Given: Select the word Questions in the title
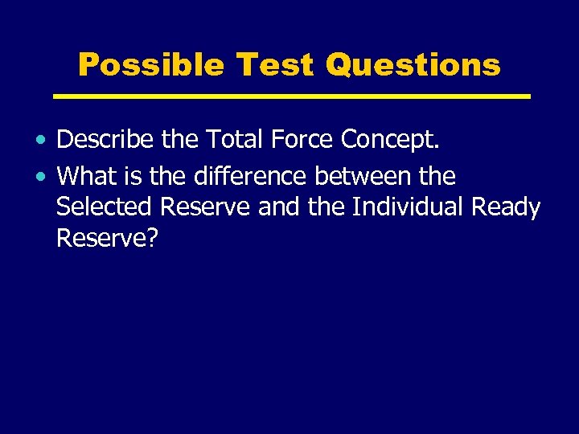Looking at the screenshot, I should [x=413, y=64].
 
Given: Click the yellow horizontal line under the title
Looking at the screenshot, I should [x=291, y=96].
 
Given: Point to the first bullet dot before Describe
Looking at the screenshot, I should [x=40, y=141].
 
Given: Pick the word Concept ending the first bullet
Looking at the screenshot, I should [x=391, y=140].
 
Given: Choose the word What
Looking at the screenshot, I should [x=85, y=175].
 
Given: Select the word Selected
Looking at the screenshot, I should [x=105, y=207].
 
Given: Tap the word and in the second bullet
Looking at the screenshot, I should [x=279, y=207].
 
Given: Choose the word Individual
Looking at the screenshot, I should [x=409, y=207].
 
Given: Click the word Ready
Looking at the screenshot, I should [x=506, y=207].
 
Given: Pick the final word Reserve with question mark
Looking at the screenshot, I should [x=102, y=238].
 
